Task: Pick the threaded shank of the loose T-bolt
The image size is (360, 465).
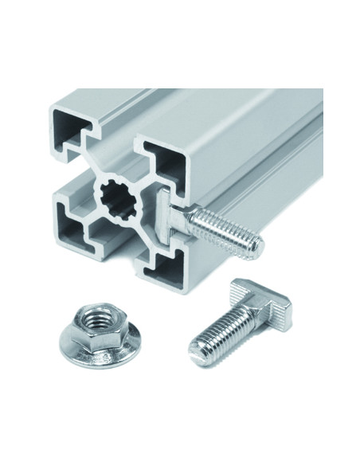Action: (x=223, y=334)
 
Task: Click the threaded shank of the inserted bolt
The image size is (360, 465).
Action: (x=227, y=227)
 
